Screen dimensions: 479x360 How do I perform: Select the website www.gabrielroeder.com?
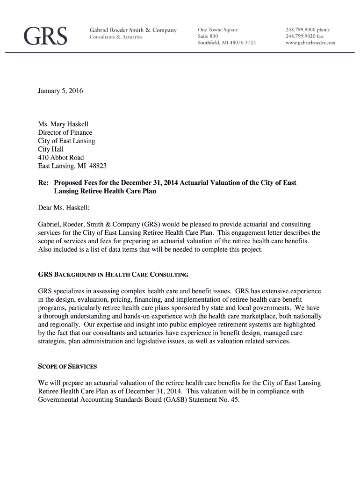310,43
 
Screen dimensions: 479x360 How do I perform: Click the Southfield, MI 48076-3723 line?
227,43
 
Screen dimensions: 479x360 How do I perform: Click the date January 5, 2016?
60,91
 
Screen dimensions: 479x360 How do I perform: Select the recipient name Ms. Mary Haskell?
63,124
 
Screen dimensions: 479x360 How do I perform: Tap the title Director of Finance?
65,132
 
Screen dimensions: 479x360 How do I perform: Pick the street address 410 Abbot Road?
61,158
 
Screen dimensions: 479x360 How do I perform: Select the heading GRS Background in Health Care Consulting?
113,275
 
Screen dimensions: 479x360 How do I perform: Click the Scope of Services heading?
67,366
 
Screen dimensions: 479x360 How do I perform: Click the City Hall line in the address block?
51,149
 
